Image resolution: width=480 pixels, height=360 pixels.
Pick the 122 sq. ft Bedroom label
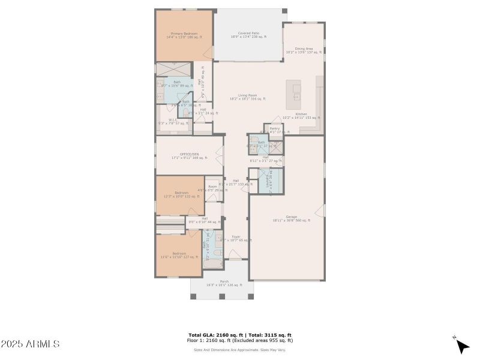181,194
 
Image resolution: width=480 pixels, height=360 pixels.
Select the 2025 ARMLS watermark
30,344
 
